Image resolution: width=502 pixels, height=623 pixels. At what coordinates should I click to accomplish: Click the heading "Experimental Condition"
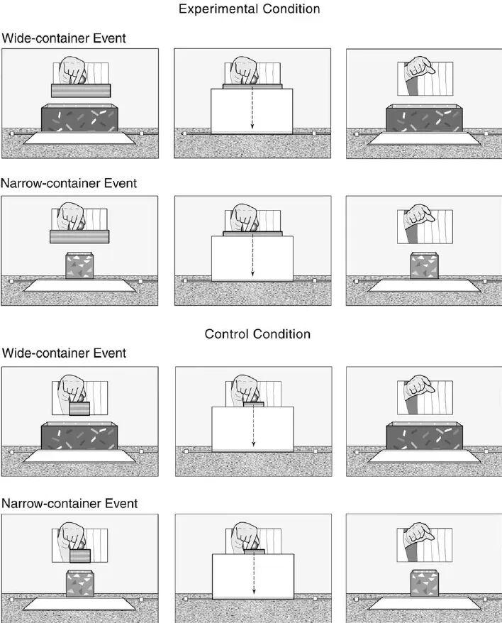click(x=250, y=9)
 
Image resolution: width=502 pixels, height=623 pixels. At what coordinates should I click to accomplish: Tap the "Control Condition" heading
click(x=257, y=333)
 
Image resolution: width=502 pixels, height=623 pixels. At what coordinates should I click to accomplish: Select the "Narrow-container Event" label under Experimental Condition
click(x=69, y=183)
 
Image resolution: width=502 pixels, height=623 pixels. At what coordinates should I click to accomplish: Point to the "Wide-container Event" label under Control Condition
click(x=64, y=353)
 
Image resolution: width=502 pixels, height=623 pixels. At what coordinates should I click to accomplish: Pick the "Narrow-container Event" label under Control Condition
click(x=69, y=503)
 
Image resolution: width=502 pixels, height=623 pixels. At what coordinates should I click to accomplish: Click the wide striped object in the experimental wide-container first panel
click(x=81, y=91)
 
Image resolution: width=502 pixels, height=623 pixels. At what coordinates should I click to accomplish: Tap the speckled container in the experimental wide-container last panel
click(x=424, y=118)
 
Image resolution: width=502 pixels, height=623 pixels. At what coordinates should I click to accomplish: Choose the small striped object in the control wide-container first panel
click(x=79, y=409)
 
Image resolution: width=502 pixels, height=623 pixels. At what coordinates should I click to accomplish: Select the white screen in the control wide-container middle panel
click(x=252, y=429)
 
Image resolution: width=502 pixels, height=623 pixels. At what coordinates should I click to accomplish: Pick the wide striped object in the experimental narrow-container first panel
click(x=79, y=237)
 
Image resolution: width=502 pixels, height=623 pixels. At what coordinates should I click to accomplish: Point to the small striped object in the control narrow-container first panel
click(x=80, y=556)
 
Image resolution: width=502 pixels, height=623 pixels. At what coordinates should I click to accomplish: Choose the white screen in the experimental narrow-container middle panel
click(x=252, y=259)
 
